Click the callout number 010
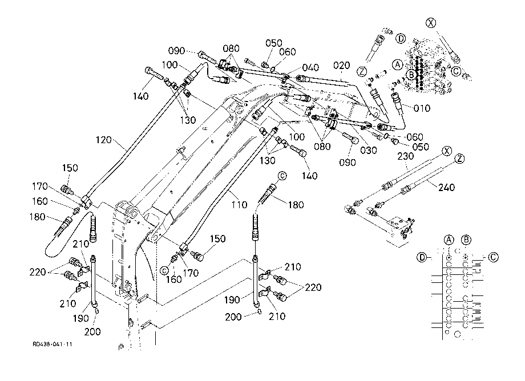tap(422, 108)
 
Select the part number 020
tap(341, 66)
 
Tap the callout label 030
tap(368, 151)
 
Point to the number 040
tap(310, 67)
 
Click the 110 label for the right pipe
tap(239, 205)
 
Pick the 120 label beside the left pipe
tap(103, 140)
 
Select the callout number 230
tap(406, 156)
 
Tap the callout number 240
tap(447, 187)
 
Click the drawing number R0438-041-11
tap(52, 344)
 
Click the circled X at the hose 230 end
tap(447, 151)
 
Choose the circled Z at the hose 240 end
tap(460, 159)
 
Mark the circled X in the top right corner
tap(431, 23)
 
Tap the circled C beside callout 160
tap(164, 270)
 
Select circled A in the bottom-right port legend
tap(449, 240)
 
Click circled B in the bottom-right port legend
tap(466, 240)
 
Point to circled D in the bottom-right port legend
tap(422, 257)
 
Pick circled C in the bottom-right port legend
tap(493, 257)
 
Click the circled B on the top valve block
tap(411, 74)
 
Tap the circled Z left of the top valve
tap(362, 71)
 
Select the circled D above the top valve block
tap(401, 39)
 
